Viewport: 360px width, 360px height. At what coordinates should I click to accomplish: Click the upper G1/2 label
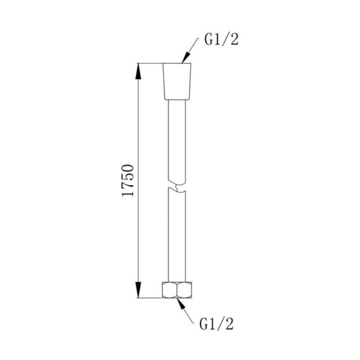pyautogui.click(x=221, y=40)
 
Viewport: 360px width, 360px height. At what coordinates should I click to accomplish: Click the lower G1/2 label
pyautogui.click(x=216, y=324)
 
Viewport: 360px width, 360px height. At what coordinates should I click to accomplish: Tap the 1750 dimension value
pyautogui.click(x=128, y=181)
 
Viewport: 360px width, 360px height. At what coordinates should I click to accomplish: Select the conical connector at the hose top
pyautogui.click(x=177, y=81)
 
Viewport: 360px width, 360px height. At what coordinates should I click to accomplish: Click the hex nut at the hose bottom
pyautogui.click(x=177, y=290)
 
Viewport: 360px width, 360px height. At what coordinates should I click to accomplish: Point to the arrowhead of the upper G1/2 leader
pyautogui.click(x=185, y=57)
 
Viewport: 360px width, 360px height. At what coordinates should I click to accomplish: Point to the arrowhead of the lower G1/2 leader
pyautogui.click(x=181, y=303)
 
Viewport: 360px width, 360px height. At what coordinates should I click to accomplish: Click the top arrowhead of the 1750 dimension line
pyautogui.click(x=138, y=71)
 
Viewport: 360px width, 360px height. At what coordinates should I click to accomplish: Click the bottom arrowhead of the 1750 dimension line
pyautogui.click(x=138, y=290)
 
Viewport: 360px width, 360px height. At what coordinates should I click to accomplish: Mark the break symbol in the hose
pyautogui.click(x=177, y=186)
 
